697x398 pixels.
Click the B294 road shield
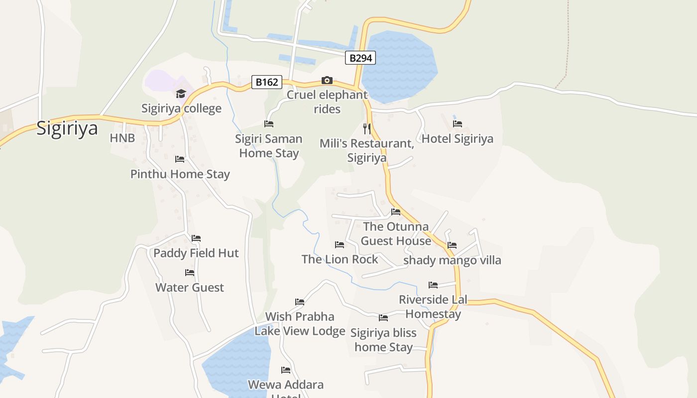pos(360,58)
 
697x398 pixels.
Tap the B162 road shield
pos(267,82)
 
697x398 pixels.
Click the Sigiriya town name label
pos(67,128)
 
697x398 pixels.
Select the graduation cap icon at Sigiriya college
pos(181,94)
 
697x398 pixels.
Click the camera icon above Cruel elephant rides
pos(327,80)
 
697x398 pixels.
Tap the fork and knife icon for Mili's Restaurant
pos(367,129)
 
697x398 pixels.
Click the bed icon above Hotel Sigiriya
pos(457,124)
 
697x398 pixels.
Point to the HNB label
pos(122,138)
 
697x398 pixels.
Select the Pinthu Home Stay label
pos(180,174)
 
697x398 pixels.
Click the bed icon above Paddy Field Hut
pos(196,238)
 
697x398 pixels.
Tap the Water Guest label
pos(190,288)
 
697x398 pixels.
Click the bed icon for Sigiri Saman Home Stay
pos(269,124)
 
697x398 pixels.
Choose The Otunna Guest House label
pos(396,234)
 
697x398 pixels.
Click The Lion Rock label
pos(340,259)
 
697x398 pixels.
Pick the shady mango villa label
pos(452,260)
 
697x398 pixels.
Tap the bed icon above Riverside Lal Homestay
pos(433,285)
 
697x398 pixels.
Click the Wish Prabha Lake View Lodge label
pos(300,324)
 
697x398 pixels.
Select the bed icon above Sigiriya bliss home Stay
pos(383,318)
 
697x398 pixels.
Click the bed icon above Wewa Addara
pos(286,370)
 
